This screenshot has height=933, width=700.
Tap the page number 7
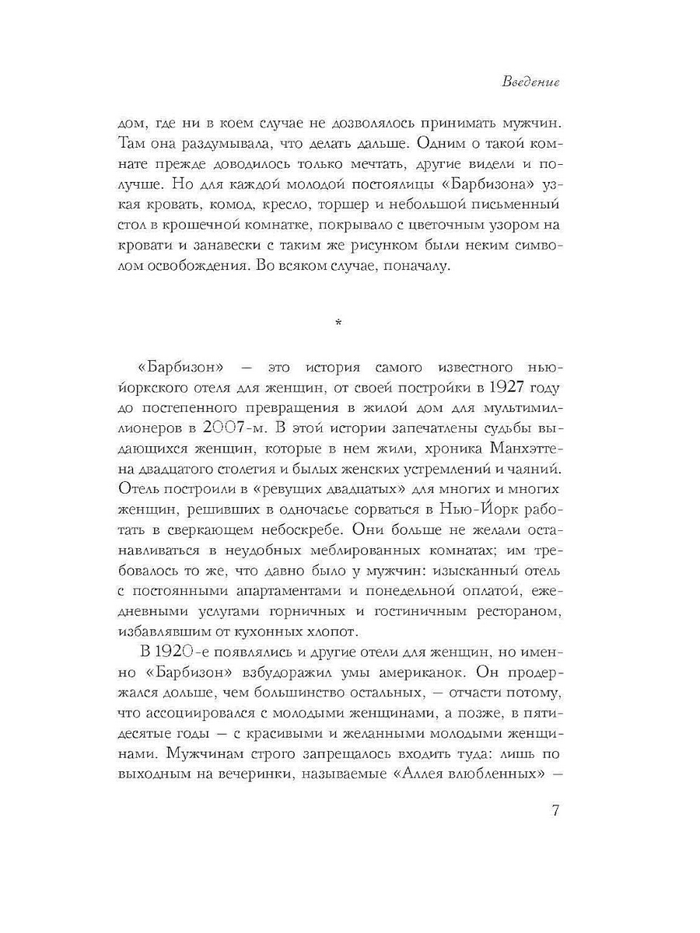(x=555, y=810)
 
